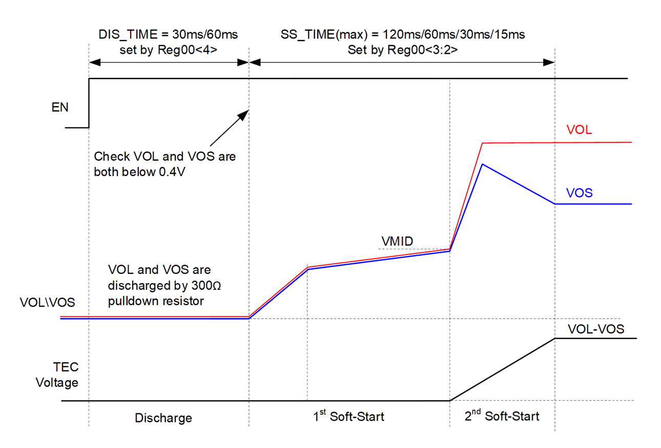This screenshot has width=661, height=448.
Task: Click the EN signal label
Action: click(60, 108)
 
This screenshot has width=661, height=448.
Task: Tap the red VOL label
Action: click(580, 130)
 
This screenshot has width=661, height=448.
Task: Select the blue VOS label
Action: click(580, 193)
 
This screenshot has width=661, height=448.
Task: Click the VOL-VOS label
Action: click(596, 329)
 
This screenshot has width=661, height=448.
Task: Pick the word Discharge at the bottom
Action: click(163, 418)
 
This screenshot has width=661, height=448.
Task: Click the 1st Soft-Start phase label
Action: click(348, 416)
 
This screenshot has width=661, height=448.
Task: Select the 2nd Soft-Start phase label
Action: click(502, 416)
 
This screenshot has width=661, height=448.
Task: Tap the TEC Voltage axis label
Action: click(57, 375)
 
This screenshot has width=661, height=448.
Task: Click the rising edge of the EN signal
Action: click(89, 102)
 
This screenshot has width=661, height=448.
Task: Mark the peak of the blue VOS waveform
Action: click(482, 164)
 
